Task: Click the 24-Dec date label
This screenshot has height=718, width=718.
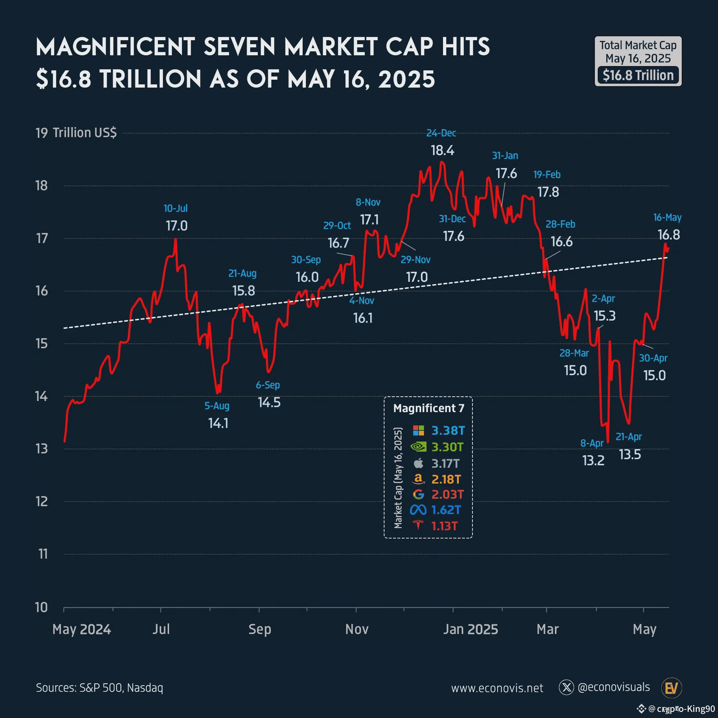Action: coord(441,133)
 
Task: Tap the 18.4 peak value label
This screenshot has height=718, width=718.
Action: coord(442,150)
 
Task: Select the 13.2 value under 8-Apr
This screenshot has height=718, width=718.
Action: coord(593,461)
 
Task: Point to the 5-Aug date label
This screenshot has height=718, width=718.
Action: coord(217,406)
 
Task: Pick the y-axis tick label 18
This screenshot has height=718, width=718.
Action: coord(42,186)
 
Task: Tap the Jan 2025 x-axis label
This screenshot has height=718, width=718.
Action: coord(471,629)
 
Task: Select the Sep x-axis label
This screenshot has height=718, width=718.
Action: coord(260,629)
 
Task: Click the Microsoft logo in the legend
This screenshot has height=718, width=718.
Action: coord(419,430)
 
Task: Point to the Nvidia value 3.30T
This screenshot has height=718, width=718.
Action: coord(447,447)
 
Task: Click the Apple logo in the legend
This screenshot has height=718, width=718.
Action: coord(419,463)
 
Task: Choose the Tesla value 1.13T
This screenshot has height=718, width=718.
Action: coord(444,526)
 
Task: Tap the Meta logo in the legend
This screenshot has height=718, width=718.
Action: coord(418,510)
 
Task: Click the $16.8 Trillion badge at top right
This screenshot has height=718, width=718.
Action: coord(638,75)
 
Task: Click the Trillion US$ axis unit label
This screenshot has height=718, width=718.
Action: coord(85,133)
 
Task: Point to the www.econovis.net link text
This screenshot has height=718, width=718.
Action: coord(497,688)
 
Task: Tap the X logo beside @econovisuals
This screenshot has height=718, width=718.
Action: coord(567,687)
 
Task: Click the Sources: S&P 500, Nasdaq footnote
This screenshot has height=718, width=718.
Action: coord(99,687)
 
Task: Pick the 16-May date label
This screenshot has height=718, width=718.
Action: coord(667,218)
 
